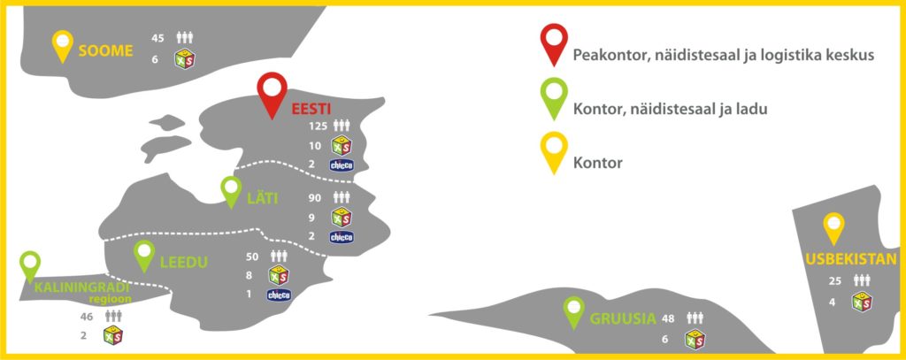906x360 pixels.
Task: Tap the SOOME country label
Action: [106, 50]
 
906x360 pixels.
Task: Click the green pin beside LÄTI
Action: [232, 189]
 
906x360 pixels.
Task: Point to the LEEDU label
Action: [184, 263]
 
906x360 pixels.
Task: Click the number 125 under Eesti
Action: [318, 126]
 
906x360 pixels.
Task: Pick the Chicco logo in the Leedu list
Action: [279, 295]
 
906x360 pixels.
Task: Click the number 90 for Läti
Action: [315, 197]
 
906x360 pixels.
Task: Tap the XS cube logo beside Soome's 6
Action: [185, 59]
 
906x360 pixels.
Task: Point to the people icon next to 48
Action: [695, 318]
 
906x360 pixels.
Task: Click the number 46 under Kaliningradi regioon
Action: [87, 316]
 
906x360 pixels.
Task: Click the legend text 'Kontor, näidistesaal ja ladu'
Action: [671, 109]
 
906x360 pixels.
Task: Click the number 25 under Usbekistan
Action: [835, 280]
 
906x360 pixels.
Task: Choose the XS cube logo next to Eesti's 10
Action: [342, 145]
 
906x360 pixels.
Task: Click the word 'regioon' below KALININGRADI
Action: [111, 299]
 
